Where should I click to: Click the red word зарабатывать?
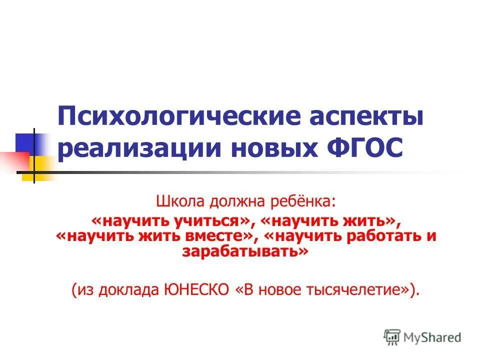[243, 251]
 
